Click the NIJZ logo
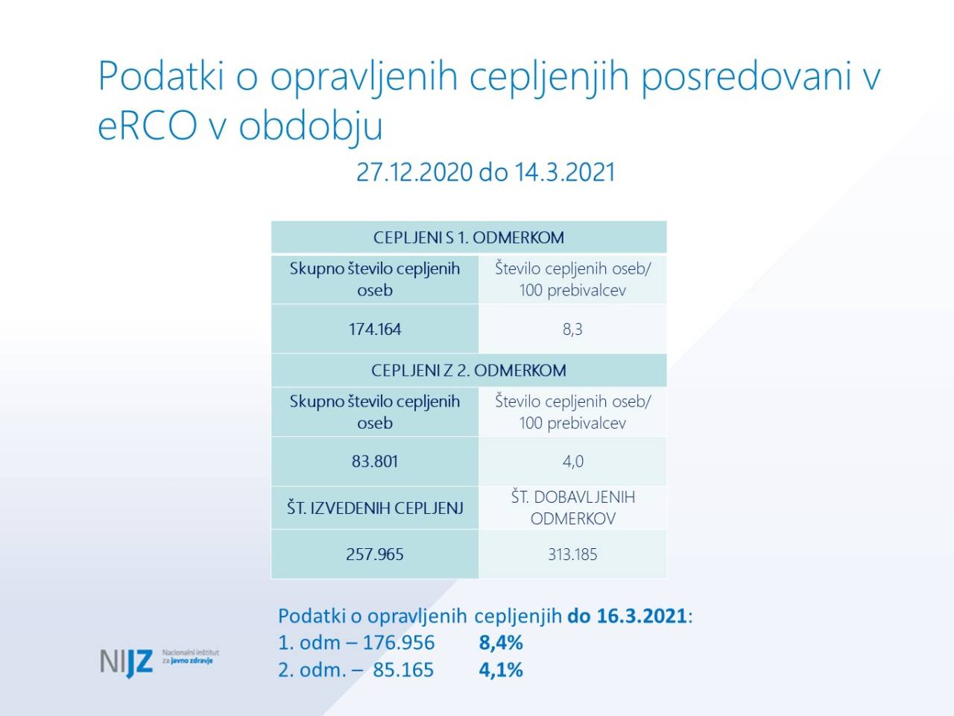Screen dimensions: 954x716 pyautogui.click(x=159, y=662)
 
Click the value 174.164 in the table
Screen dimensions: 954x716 pyautogui.click(x=375, y=329)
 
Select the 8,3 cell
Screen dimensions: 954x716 pyautogui.click(x=572, y=329)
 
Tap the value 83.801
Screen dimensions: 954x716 pyautogui.click(x=375, y=461)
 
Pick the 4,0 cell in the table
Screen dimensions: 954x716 pyautogui.click(x=573, y=461)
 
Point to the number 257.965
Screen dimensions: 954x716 pyautogui.click(x=375, y=554)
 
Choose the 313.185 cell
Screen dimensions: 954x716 pyautogui.click(x=572, y=554)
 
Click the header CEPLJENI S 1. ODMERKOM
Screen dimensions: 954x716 pyautogui.click(x=469, y=237)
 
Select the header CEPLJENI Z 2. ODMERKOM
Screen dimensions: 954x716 pyautogui.click(x=469, y=371)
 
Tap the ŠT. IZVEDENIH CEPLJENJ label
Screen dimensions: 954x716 pyautogui.click(x=375, y=508)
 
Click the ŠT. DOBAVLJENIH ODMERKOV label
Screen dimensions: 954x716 pyautogui.click(x=573, y=508)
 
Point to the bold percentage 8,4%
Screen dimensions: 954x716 pyautogui.click(x=501, y=642)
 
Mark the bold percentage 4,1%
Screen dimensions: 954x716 pyautogui.click(x=501, y=670)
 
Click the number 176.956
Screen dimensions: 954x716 pyautogui.click(x=399, y=642)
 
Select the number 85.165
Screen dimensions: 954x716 pyautogui.click(x=403, y=670)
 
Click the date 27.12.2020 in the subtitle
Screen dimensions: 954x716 pyautogui.click(x=414, y=172)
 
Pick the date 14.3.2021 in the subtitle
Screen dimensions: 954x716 pyautogui.click(x=565, y=172)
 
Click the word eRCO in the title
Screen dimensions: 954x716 pyautogui.click(x=148, y=125)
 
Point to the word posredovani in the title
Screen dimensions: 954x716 pyautogui.click(x=746, y=77)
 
